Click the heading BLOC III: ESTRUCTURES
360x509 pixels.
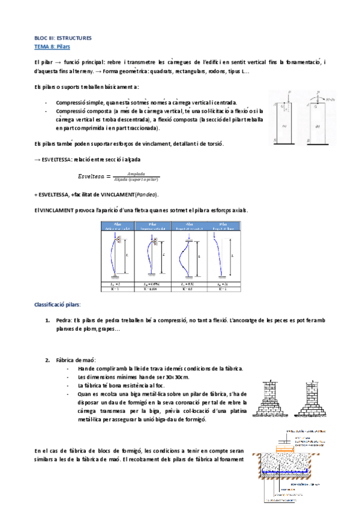point(62,38)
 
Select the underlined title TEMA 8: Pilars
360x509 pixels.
point(53,46)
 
